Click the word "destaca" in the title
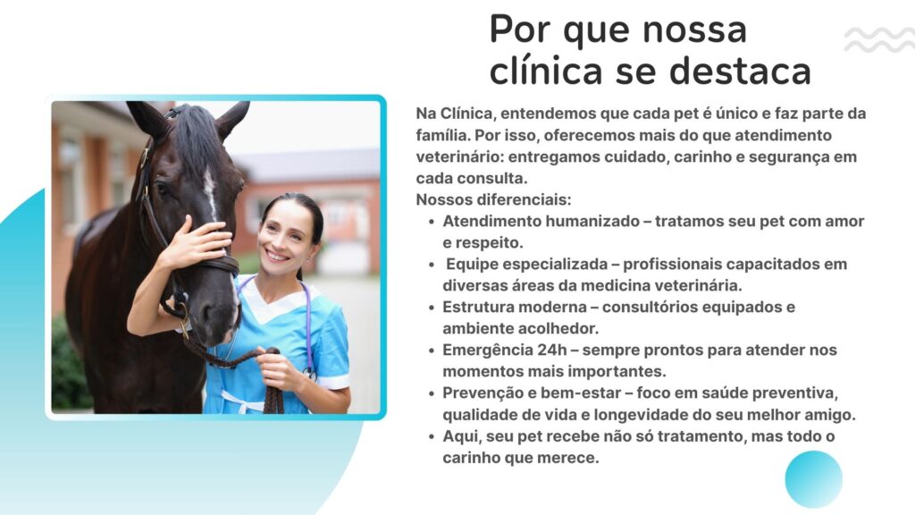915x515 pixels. (740, 72)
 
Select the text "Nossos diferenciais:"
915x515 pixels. (493, 199)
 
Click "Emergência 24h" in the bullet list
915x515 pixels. (505, 350)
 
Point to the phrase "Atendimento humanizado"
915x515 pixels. (541, 222)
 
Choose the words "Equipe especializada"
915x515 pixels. (527, 265)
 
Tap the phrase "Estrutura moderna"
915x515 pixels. (515, 308)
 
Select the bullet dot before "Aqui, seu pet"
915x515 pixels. (432, 436)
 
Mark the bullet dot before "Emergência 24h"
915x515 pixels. (432, 350)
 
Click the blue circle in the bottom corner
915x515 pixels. (813, 479)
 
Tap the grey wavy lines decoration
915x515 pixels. (879, 39)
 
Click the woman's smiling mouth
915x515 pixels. (277, 256)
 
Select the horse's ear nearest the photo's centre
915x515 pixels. (232, 119)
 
